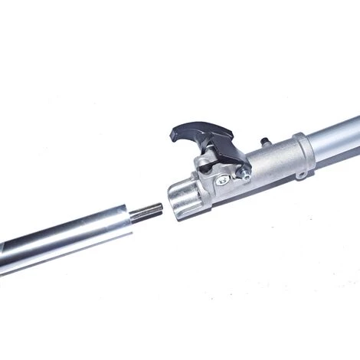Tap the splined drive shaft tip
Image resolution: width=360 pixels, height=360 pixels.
tap(147, 211)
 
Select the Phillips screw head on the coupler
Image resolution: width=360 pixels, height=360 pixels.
tap(221, 180)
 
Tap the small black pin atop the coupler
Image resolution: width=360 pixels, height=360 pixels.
tap(266, 142)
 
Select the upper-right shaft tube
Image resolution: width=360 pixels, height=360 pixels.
tap(337, 136)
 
